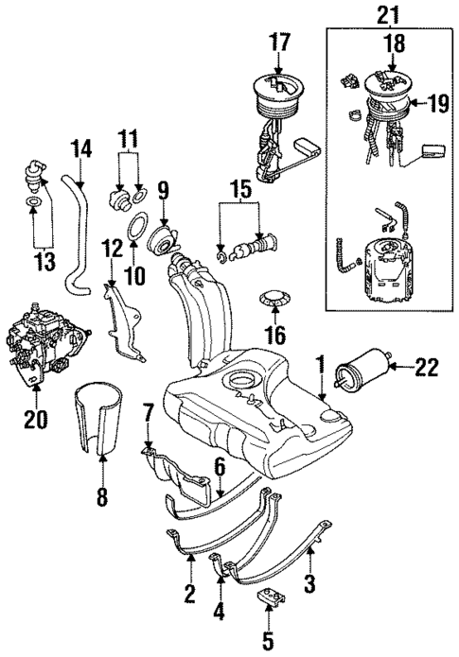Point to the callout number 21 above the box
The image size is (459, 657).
389,13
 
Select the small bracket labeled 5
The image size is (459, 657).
272,598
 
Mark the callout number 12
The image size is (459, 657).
113,249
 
